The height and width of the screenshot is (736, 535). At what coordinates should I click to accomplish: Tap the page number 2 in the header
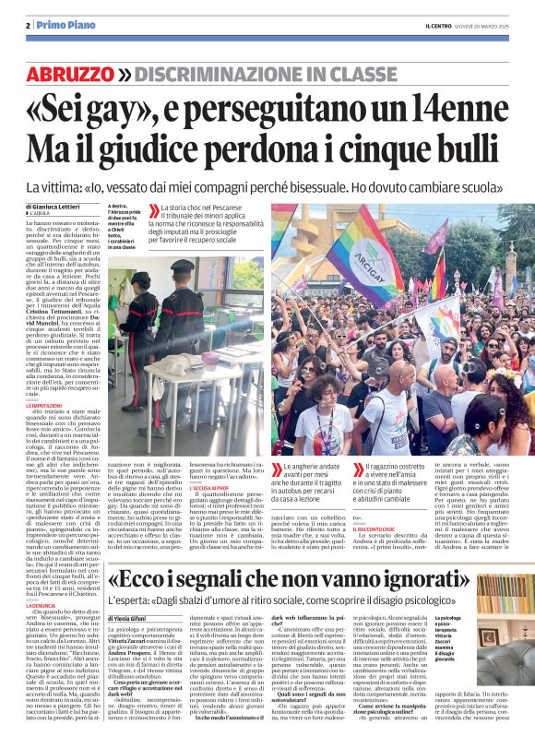(28, 25)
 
